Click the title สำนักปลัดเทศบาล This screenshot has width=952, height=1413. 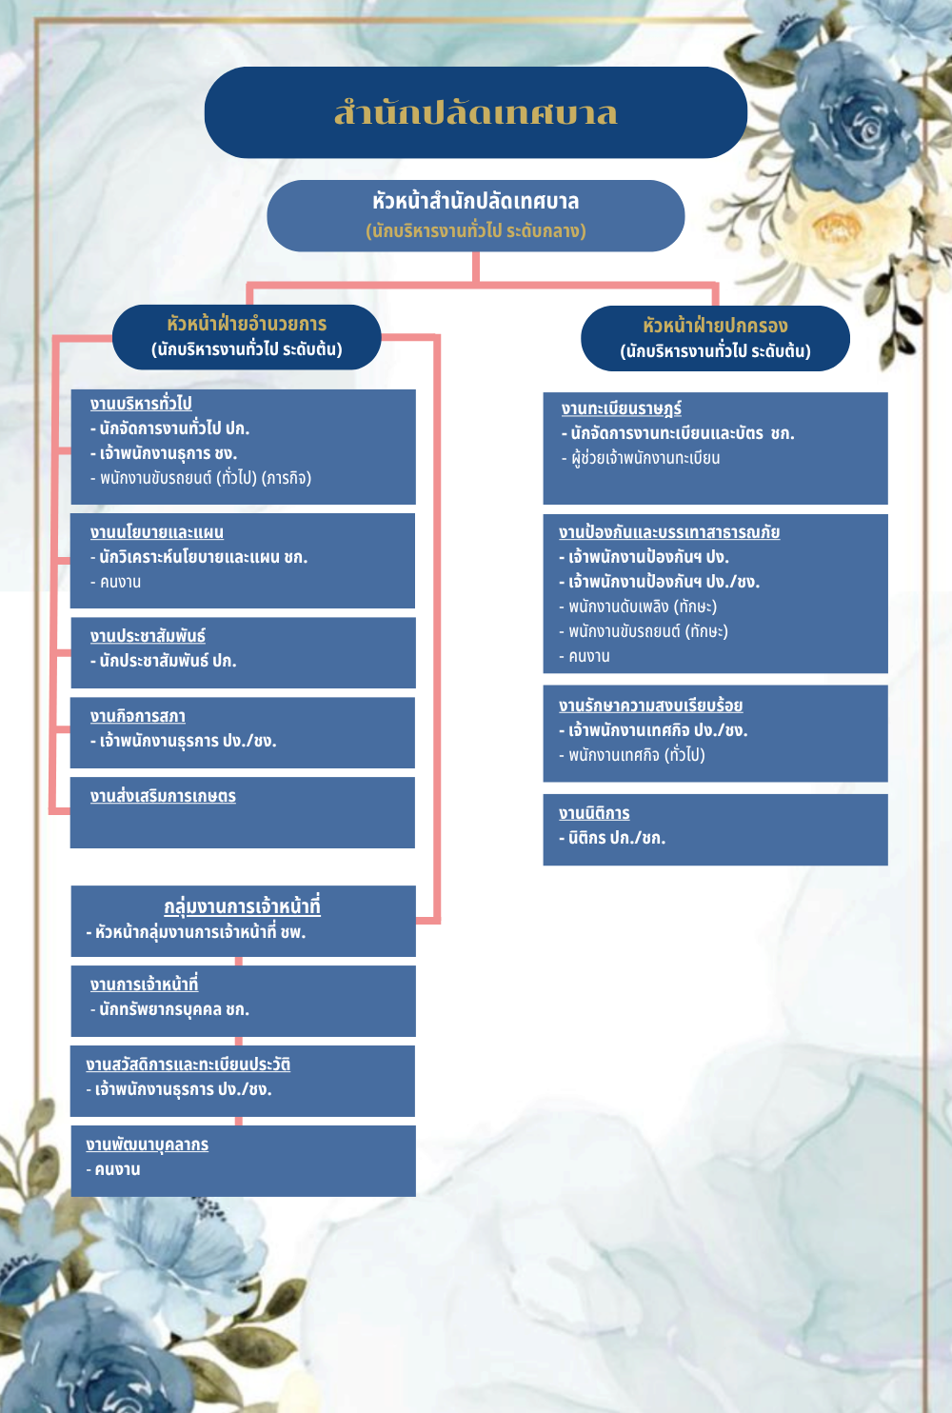(475, 112)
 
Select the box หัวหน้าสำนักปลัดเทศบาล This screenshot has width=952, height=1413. (475, 215)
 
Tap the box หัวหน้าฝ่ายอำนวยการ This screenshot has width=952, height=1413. (247, 336)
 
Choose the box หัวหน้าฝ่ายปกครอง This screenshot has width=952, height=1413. (715, 338)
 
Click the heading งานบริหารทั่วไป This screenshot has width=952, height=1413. (141, 403)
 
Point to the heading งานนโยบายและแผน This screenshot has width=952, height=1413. (157, 532)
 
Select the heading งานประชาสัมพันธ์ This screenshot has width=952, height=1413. (148, 636)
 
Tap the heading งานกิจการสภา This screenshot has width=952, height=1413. (138, 716)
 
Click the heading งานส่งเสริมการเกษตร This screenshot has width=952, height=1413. (163, 796)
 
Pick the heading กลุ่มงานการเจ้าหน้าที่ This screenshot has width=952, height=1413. (242, 906)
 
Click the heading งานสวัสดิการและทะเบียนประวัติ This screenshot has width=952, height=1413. (188, 1065)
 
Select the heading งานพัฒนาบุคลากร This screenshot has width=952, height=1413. (147, 1144)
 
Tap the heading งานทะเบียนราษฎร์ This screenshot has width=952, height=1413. (621, 408)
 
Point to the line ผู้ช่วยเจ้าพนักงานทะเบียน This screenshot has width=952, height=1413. (645, 458)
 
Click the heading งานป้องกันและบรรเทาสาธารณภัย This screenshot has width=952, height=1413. (669, 532)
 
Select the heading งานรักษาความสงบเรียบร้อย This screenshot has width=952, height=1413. (650, 706)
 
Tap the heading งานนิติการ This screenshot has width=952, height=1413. (594, 813)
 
